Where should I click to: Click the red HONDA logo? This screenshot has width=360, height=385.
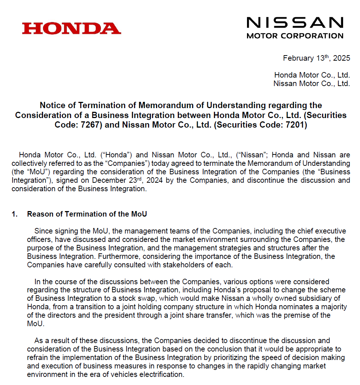point(71,28)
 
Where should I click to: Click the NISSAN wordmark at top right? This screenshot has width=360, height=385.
point(294,23)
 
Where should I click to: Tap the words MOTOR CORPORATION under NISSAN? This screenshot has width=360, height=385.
point(294,36)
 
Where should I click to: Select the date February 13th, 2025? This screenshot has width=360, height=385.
point(316,58)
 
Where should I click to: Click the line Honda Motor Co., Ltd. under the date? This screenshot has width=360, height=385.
point(312,75)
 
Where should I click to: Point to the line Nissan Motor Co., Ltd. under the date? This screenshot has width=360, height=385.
point(311,83)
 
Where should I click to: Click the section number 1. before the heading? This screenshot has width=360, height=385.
point(14,214)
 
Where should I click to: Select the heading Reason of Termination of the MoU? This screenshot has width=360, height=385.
point(87,214)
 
